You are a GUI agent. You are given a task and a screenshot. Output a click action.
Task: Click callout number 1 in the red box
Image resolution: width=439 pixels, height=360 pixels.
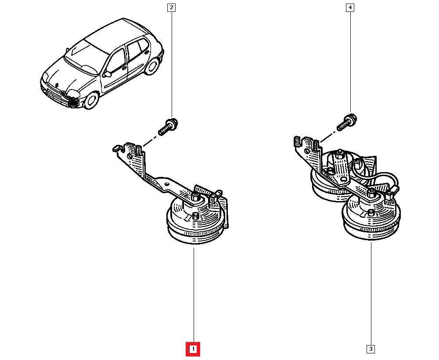point(193,349)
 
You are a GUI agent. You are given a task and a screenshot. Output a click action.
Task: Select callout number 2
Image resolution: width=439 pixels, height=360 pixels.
point(171,7)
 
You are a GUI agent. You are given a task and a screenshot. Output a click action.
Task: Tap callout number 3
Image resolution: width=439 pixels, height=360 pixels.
point(371,349)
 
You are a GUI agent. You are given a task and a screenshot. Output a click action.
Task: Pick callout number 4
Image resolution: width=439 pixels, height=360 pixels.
point(350,7)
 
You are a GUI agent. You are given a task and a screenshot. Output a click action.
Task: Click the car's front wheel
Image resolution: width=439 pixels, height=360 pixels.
point(92,101)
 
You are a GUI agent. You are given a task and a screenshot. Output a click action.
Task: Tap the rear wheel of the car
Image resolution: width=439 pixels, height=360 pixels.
point(152,66)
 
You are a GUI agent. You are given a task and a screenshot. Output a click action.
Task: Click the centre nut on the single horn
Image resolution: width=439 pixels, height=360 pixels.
point(195,196)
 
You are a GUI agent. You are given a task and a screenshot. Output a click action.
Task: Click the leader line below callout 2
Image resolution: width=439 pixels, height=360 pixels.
point(171,66)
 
